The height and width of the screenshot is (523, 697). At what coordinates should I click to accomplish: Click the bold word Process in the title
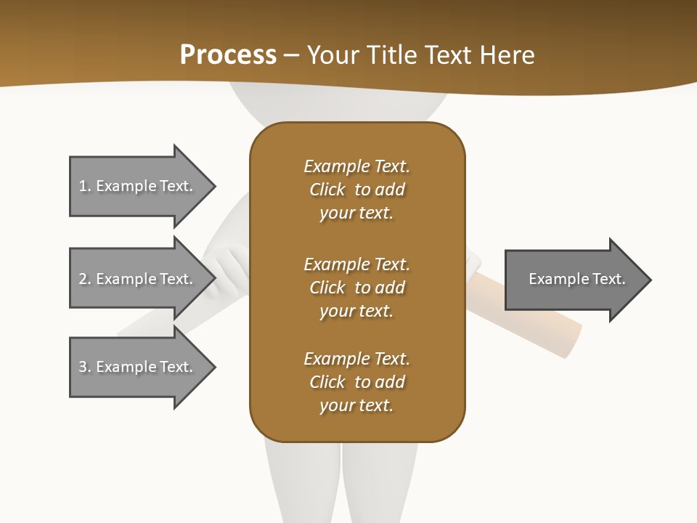pos(228,55)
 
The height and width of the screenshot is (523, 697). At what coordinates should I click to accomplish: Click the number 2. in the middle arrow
pos(85,279)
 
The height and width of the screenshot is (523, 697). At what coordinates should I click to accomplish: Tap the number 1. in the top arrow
pos(85,186)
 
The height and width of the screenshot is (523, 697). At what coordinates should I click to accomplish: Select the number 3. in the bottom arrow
pos(85,367)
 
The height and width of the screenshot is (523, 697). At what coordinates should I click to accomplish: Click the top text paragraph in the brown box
pos(356,190)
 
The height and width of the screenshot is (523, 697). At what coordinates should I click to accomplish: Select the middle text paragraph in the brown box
pos(356,288)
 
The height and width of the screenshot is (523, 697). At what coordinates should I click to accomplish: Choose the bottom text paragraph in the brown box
pos(356,382)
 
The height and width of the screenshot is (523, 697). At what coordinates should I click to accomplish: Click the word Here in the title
pos(506,55)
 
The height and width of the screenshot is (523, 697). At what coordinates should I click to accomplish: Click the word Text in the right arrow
pos(608,279)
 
